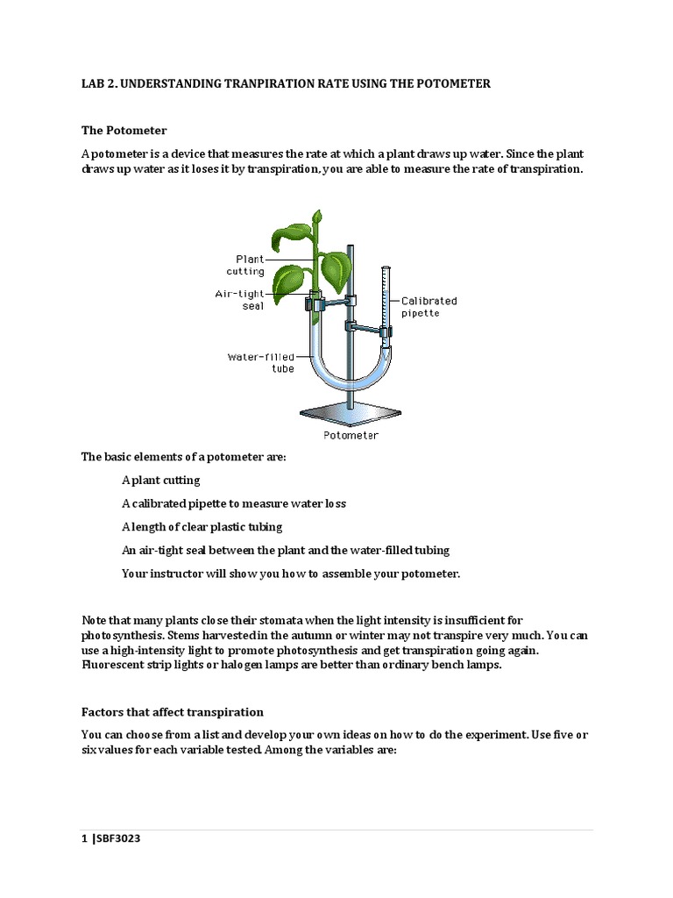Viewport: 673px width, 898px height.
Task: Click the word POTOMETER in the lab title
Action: pyautogui.click(x=455, y=83)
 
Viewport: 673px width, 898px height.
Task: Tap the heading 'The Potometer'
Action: pyautogui.click(x=124, y=131)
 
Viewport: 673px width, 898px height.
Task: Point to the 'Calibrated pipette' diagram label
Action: pyautogui.click(x=429, y=306)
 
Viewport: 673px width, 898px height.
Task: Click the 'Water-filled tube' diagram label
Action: pyautogui.click(x=261, y=362)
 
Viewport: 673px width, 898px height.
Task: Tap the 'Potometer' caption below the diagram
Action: pyautogui.click(x=351, y=434)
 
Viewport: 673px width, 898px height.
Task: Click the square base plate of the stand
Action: pyautogui.click(x=351, y=413)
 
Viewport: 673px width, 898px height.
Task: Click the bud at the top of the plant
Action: pyautogui.click(x=317, y=216)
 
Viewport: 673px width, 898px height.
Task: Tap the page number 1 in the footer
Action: pyautogui.click(x=84, y=839)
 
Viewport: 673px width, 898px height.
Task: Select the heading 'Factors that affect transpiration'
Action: pyautogui.click(x=173, y=712)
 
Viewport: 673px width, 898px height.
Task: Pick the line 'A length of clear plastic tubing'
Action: pyautogui.click(x=202, y=527)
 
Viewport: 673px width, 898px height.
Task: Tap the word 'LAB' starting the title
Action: pyautogui.click(x=93, y=83)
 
